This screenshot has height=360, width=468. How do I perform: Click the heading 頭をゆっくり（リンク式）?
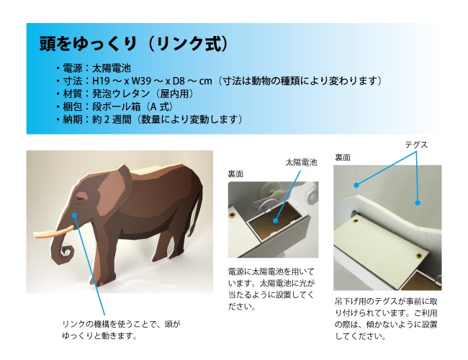(134, 44)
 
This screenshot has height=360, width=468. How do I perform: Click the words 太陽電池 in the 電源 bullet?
(112, 68)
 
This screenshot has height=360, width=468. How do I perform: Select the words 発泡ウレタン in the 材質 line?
(121, 94)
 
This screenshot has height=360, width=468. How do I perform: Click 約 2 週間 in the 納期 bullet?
(112, 120)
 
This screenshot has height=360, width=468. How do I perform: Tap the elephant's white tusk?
(54, 232)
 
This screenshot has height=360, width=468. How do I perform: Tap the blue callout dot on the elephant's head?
(74, 215)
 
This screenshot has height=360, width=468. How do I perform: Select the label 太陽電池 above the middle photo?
(301, 163)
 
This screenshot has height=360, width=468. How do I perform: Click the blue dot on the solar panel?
(276, 220)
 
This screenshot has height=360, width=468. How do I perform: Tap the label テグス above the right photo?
(416, 145)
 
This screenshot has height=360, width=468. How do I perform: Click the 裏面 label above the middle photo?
(235, 174)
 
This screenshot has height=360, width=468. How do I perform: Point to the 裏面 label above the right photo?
(343, 157)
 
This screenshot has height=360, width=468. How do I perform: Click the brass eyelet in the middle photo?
(232, 215)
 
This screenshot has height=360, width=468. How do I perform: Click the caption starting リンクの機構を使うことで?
(121, 330)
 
